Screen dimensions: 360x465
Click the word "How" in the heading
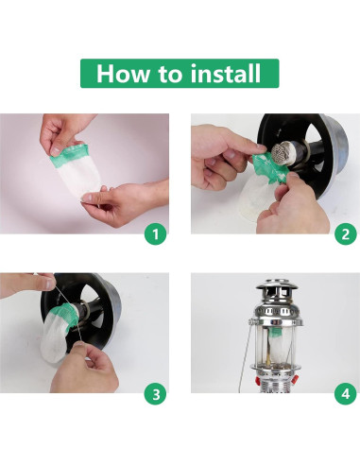pos(123,74)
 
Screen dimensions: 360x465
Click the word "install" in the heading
pos(226,73)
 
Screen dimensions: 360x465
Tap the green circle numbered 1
pos(156,234)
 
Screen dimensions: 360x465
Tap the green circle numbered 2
pos(346,234)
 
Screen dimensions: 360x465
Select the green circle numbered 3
pos(156,394)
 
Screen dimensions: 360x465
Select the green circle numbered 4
pos(346,394)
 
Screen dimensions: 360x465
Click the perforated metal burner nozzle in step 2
pos(283,153)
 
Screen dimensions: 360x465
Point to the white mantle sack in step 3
pos(56,334)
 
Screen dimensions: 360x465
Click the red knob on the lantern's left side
pos(256,380)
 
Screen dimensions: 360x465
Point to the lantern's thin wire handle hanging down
pos(245,356)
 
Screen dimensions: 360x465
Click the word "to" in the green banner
pos(170,74)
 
